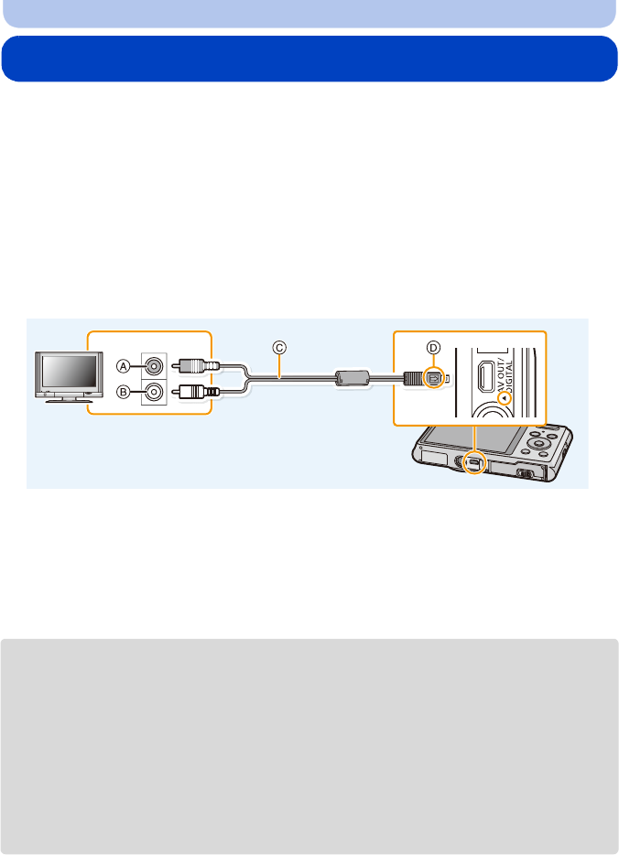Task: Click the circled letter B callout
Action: [x=123, y=392]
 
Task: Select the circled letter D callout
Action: [x=435, y=347]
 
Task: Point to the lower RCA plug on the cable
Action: [x=198, y=392]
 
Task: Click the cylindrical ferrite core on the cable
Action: [x=352, y=378]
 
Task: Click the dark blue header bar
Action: [x=309, y=59]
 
